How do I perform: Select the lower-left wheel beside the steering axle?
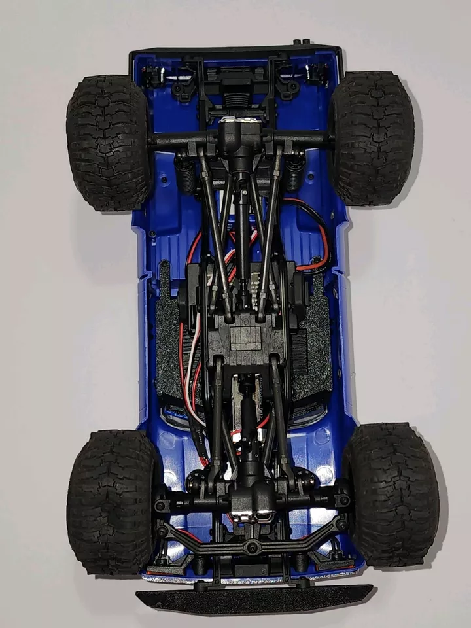111,501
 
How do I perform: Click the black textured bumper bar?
254,596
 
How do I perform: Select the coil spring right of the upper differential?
294,171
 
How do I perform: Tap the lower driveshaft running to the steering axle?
249,419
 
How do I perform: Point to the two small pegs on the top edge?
302,43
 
